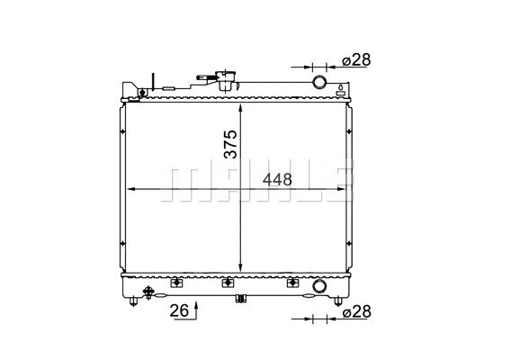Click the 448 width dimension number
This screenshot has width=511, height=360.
(x=277, y=179)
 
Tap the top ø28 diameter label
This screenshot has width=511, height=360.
(x=356, y=60)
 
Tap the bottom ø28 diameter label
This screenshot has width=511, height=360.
(x=356, y=312)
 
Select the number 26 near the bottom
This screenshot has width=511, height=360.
(x=179, y=312)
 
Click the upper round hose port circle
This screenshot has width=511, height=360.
(x=318, y=83)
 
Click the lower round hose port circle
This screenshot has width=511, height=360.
(x=318, y=287)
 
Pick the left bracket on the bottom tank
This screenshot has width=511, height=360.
(x=176, y=283)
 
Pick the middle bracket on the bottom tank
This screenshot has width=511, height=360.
(x=228, y=283)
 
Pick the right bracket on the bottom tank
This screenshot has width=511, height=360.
(x=291, y=283)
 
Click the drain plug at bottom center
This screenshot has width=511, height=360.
(x=240, y=300)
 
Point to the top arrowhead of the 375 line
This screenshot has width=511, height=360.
(x=240, y=108)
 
